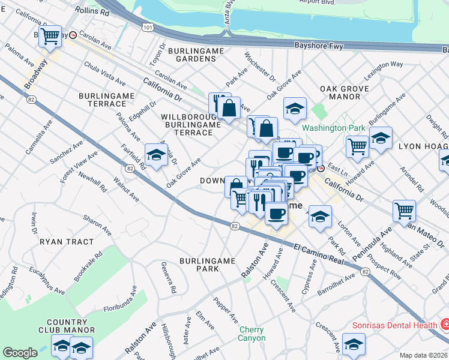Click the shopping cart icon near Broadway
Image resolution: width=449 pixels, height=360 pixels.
click(50, 36)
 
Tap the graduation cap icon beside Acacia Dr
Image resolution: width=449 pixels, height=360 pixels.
click(155, 155)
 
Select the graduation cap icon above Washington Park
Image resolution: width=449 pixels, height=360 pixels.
click(294, 108)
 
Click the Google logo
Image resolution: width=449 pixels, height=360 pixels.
click(20, 353)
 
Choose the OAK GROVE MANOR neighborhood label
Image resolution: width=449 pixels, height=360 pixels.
click(348, 92)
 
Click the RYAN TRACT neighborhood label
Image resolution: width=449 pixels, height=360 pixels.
click(66, 242)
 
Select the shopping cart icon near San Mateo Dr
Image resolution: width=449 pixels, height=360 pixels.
click(404, 211)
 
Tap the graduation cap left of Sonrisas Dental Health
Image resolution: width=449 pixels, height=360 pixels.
click(354, 344)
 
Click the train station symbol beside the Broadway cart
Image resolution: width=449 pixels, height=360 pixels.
click(73, 35)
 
